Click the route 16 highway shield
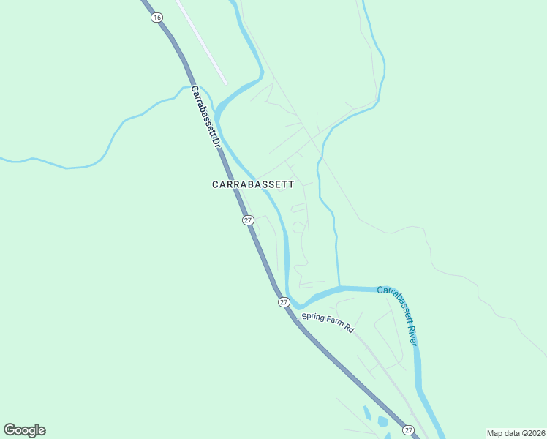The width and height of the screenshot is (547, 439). point(156,18)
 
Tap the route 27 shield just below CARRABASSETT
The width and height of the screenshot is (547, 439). point(248,220)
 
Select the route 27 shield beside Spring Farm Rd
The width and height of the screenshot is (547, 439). point(283,301)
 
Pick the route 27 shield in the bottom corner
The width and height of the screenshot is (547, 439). point(408,430)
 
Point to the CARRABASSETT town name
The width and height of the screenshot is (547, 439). point(253,185)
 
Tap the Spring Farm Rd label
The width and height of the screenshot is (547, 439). point(328,323)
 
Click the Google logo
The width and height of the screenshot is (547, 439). point(24,430)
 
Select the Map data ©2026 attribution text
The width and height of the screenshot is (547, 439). point(516,432)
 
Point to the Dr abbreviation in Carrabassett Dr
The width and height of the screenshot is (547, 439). point(216,142)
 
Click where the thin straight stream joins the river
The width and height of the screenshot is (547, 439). point(339,287)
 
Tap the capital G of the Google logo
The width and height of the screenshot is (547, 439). point(10,430)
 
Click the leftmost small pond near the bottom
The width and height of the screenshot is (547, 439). point(367,413)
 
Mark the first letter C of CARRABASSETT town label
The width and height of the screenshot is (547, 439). point(216,185)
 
